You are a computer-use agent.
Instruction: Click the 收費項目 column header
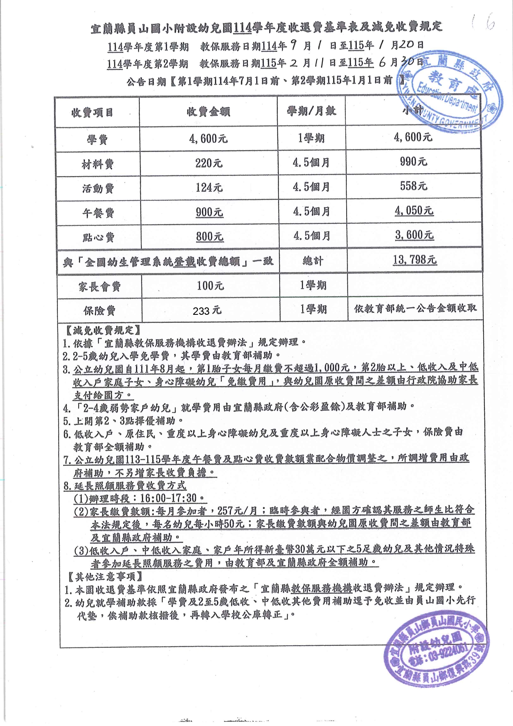tap(92, 113)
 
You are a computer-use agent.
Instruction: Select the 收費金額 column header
tap(208, 112)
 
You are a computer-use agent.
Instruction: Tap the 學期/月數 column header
tap(311, 111)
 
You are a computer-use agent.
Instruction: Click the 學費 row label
tap(97, 139)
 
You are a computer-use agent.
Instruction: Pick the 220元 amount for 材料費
tap(209, 163)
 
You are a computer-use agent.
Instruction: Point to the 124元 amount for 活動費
tap(209, 187)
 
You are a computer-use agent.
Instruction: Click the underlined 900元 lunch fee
tap(209, 212)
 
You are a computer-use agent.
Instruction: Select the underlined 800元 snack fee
tap(209, 236)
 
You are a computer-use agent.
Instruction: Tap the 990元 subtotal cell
tap(413, 162)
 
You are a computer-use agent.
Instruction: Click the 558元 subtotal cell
tap(413, 186)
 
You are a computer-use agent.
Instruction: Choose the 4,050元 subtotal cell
tap(414, 211)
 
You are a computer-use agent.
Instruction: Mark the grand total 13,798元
tap(415, 260)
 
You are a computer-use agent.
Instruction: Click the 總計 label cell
tap(313, 261)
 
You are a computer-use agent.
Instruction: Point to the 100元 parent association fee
tap(210, 285)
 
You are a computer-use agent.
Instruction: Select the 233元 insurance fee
tap(207, 311)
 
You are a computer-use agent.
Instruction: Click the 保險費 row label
tap(99, 311)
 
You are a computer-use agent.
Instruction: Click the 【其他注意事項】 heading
tap(105, 576)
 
